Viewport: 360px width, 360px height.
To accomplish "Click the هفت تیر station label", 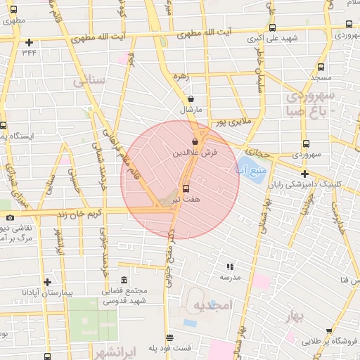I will pyautogui.click(x=186, y=200).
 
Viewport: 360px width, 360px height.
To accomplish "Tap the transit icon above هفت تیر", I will pyautogui.click(x=186, y=188).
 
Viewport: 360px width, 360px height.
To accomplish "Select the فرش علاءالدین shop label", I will pyautogui.click(x=195, y=151).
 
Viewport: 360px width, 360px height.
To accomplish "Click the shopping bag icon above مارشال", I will pyautogui.click(x=191, y=99).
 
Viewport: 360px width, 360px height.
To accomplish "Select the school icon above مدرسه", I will pyautogui.click(x=229, y=266).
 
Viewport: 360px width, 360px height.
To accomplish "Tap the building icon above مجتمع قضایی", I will pyautogui.click(x=124, y=281).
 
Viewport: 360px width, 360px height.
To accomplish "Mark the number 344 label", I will pyautogui.click(x=29, y=51).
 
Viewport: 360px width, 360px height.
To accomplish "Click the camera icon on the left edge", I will pyautogui.click(x=9, y=217).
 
